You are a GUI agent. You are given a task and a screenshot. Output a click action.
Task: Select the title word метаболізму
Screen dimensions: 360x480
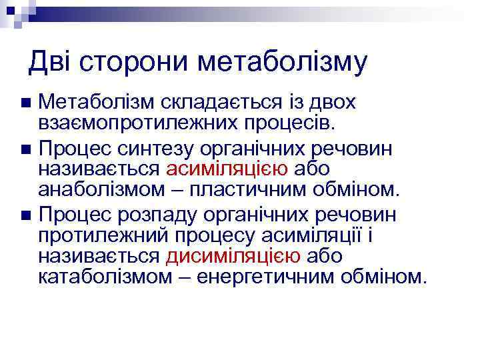pos(283,62)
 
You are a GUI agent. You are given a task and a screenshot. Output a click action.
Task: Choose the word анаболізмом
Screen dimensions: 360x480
pos(100,189)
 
